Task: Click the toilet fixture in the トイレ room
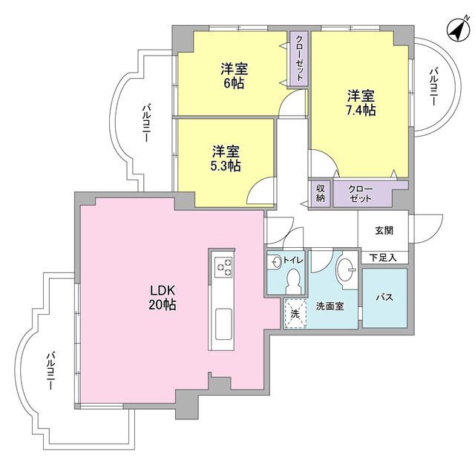click(x=292, y=281)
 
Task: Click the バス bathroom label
click(x=384, y=297)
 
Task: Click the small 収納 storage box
click(x=320, y=193)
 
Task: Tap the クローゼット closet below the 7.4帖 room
click(x=361, y=193)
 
